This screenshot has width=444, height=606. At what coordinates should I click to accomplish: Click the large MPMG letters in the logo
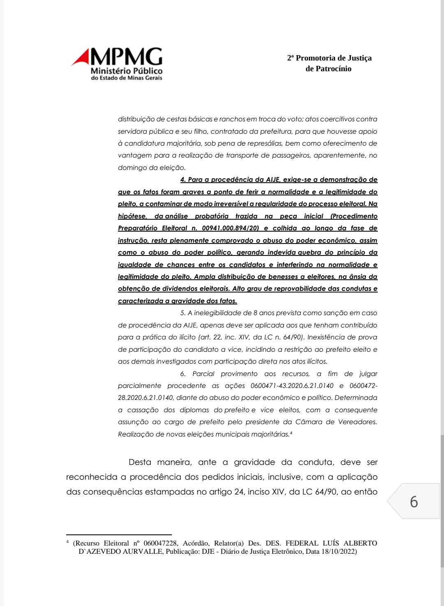coord(126,57)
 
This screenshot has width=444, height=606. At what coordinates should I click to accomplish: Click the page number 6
coord(414,502)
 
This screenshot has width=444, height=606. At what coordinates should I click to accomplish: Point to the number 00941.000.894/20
coord(224,228)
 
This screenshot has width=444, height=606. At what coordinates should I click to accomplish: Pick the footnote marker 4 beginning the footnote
coord(67,542)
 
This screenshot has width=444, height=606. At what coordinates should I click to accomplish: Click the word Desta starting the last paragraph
coord(140,462)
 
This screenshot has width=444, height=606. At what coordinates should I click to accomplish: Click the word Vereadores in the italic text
coord(357,422)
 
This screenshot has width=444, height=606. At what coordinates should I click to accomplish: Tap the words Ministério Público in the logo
coord(127,71)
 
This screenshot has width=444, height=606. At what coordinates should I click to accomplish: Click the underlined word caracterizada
coord(141,301)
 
